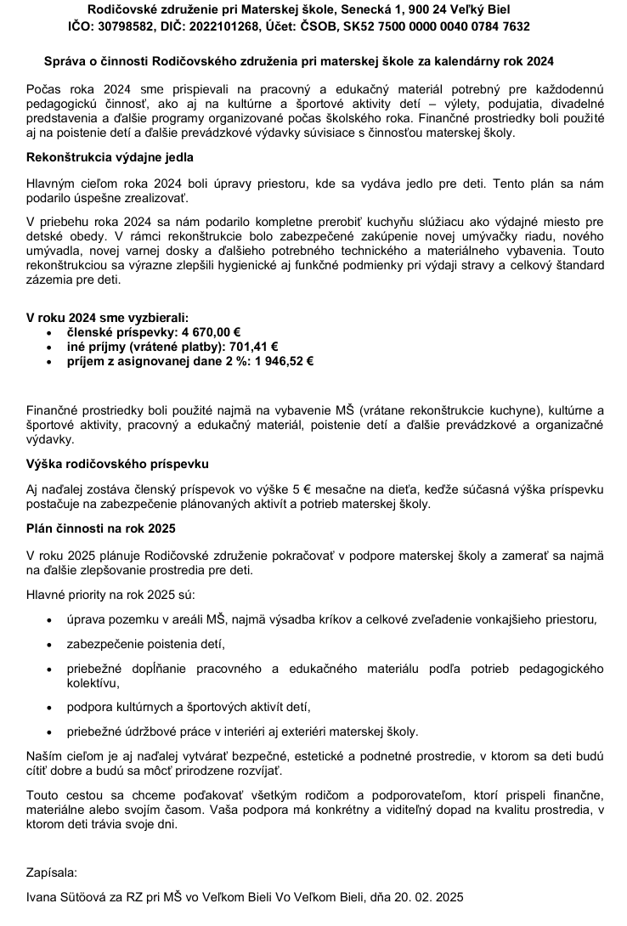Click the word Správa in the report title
click(65, 62)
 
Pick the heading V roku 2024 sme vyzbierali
click(108, 316)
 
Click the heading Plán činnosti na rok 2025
click(101, 528)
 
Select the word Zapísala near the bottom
click(51, 872)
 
